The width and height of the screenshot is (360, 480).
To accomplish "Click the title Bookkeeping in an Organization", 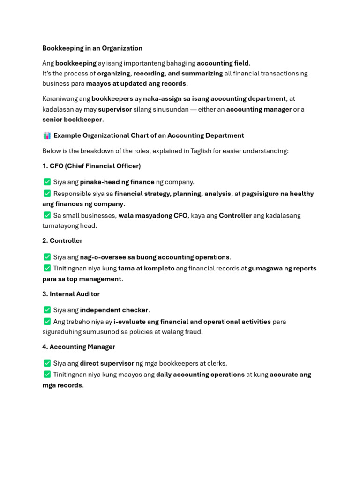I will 92,48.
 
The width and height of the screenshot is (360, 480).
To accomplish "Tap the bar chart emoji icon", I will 47,135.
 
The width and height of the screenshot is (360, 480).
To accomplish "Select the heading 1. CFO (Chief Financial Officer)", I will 91,166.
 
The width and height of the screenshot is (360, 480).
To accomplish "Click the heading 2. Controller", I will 62,240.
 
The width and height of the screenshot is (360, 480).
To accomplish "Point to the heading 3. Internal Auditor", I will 71,294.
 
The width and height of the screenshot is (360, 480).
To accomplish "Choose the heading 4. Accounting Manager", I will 79,347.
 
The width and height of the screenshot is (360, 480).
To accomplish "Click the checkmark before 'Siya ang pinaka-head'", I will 47,182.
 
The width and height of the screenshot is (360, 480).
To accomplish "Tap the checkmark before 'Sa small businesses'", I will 47,215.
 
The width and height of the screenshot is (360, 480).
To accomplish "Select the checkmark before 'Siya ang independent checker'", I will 47,310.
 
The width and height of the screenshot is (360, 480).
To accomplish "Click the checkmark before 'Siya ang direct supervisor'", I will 47,363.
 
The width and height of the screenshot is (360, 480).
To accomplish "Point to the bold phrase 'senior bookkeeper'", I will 72,120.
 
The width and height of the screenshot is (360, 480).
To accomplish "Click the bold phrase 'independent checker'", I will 114,310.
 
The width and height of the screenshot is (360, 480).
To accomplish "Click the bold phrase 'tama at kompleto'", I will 146,269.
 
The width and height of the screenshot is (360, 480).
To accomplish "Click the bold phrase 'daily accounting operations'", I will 200,375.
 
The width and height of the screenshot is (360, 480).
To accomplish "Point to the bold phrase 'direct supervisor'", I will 107,363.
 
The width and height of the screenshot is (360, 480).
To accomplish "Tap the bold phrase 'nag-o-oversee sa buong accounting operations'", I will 155,257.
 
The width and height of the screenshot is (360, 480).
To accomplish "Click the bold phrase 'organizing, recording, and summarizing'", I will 160,74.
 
